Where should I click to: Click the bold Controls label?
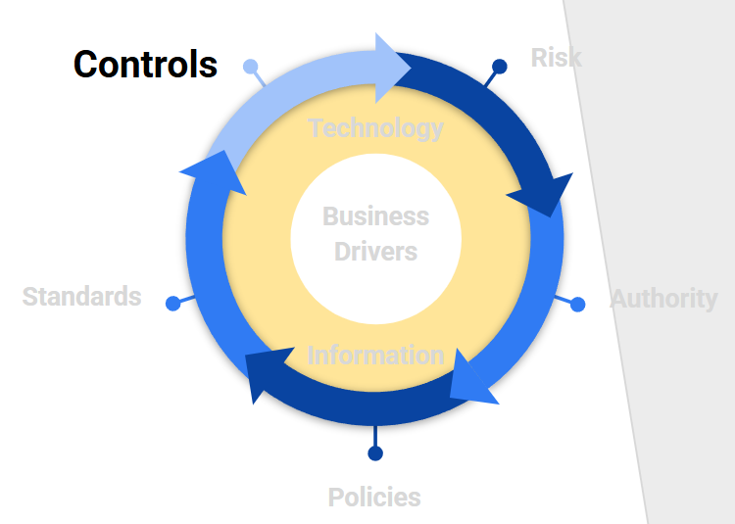(145, 65)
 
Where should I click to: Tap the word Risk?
(556, 57)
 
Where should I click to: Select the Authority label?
(663, 298)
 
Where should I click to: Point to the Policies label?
(374, 498)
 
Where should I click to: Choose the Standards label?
(81, 297)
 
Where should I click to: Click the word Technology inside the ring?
(375, 128)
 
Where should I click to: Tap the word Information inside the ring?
(375, 355)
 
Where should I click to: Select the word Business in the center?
(375, 216)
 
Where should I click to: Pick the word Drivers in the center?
(375, 252)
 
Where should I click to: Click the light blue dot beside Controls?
(250, 67)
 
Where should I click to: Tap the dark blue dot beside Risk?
(499, 67)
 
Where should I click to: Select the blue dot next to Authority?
(577, 304)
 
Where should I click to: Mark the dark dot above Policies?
(374, 453)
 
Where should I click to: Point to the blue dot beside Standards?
(173, 304)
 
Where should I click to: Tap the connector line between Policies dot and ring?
(374, 436)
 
